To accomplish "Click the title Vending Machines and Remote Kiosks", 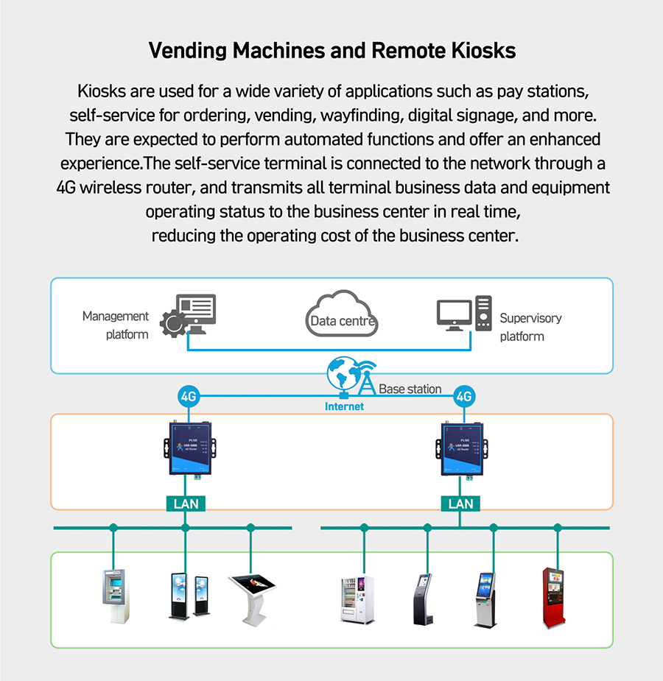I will click(x=331, y=52).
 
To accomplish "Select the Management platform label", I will click(x=115, y=325).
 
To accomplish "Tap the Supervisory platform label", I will click(x=530, y=327).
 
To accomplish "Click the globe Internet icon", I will click(x=342, y=375).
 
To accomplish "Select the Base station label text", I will click(x=410, y=389).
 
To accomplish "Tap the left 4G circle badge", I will click(x=189, y=397).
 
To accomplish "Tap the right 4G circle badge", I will click(x=463, y=397).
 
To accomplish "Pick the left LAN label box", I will click(x=186, y=504).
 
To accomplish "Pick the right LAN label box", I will click(x=460, y=504).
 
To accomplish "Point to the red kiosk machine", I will click(x=553, y=598).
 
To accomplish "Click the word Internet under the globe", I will click(x=344, y=406).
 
